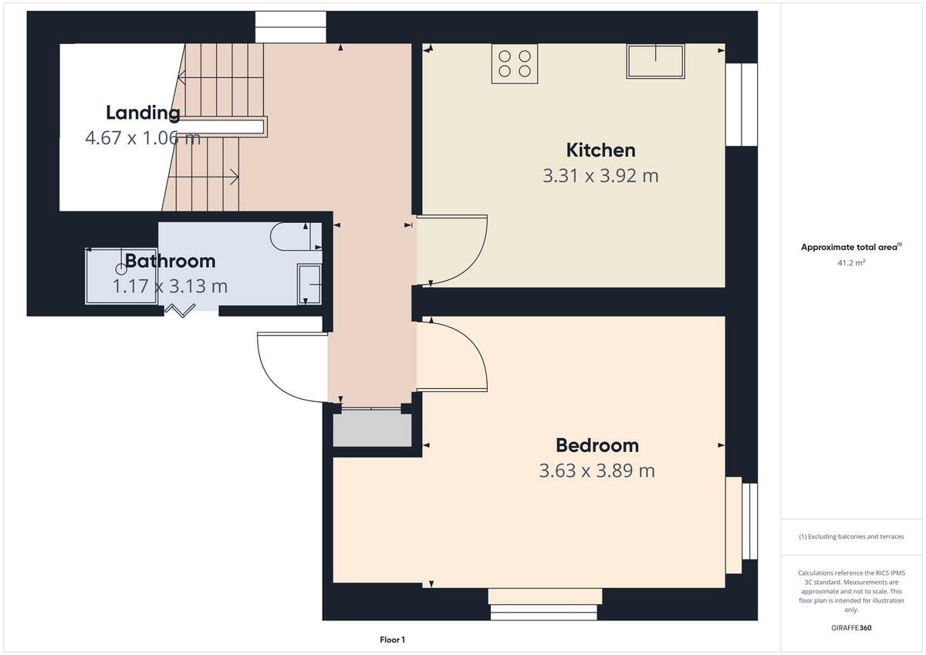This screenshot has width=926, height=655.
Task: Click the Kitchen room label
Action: (600, 150)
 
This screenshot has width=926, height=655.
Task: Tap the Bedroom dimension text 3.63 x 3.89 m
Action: (596, 471)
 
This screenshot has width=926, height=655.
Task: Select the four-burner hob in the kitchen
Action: (515, 63)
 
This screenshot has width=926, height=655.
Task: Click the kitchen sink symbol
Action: (655, 61)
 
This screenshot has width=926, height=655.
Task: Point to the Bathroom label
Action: (170, 261)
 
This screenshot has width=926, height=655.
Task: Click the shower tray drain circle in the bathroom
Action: (120, 269)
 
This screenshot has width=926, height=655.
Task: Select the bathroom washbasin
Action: (309, 284)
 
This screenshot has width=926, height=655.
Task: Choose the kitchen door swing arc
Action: (455, 251)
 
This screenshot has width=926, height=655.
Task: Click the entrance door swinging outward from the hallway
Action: (290, 367)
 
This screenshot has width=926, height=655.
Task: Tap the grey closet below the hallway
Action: (372, 428)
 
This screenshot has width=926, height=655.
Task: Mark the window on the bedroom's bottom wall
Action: (544, 603)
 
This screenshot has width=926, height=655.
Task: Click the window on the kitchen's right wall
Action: (742, 104)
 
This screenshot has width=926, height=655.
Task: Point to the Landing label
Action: (143, 113)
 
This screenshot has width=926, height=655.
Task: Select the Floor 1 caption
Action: (392, 640)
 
